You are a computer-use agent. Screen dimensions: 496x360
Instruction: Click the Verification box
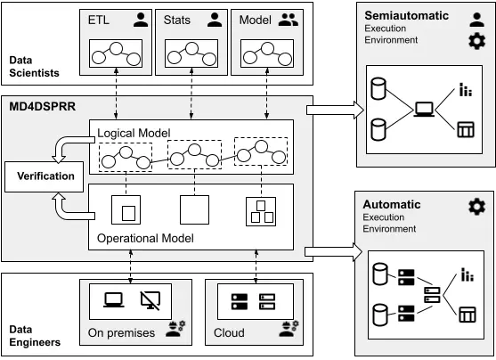click(44, 176)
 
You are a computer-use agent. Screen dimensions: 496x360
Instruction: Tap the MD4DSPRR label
click(43, 106)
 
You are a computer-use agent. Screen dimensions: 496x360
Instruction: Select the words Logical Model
click(134, 133)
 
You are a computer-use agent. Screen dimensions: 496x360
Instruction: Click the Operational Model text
click(145, 238)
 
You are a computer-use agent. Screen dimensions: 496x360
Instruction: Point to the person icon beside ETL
click(141, 20)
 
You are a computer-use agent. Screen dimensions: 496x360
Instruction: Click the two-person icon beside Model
click(289, 20)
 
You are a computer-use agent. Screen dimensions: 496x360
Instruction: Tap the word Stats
click(177, 20)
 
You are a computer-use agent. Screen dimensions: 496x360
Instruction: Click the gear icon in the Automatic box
click(476, 207)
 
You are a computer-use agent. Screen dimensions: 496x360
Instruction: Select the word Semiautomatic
click(406, 15)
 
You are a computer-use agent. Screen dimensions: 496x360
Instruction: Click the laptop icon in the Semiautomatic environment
click(424, 110)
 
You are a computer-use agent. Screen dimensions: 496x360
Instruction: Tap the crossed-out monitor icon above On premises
click(150, 300)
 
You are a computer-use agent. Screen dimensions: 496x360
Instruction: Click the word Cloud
click(229, 332)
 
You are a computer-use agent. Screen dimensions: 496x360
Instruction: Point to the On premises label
click(121, 332)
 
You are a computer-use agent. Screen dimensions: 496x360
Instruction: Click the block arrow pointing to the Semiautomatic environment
click(336, 110)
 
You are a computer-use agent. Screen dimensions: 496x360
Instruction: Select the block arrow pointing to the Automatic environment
click(333, 252)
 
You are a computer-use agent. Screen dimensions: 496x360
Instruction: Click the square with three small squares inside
click(261, 211)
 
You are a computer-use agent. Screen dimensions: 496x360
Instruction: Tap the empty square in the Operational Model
click(194, 209)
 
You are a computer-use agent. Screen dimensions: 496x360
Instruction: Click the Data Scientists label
click(34, 67)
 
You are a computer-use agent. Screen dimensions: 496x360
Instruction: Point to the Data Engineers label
click(35, 336)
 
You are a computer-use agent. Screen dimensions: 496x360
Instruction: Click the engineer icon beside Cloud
click(289, 329)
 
